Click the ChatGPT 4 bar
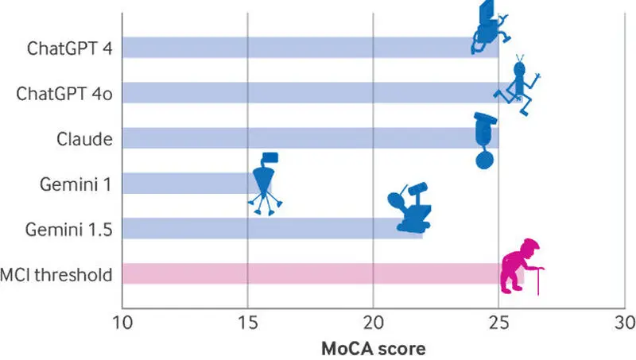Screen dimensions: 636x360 [310, 48]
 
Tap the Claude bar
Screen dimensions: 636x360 [310, 137]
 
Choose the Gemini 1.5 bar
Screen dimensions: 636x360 [272, 228]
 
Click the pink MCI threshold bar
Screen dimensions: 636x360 [323, 273]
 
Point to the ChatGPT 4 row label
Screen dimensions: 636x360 [70, 48]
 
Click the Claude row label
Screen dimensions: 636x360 [84, 139]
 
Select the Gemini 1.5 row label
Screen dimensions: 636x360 [68, 230]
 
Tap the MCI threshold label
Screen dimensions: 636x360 [56, 275]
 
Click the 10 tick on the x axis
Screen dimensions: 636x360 [122, 323]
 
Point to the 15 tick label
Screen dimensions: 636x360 [247, 323]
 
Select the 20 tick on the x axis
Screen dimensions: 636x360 [373, 323]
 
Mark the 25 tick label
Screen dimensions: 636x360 [498, 323]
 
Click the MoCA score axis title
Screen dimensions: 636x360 [374, 349]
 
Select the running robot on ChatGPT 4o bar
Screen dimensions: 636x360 [518, 85]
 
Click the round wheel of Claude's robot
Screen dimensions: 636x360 [485, 160]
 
